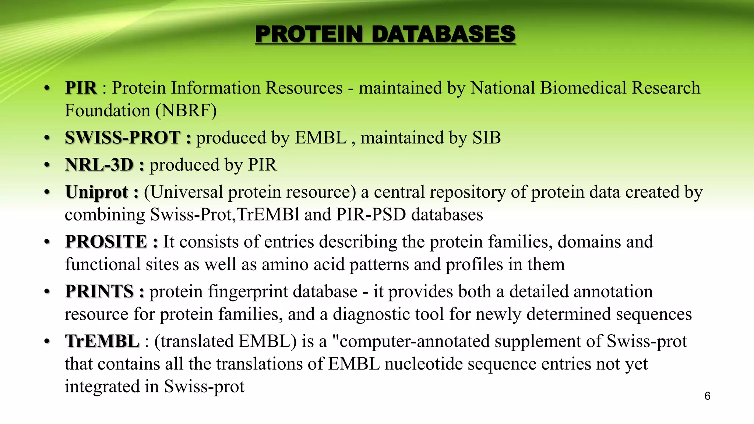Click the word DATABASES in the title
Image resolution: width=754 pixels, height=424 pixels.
pos(443,34)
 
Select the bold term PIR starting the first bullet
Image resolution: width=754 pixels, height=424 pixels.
pos(81,88)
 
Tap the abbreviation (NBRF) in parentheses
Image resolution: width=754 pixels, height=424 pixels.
pos(186,110)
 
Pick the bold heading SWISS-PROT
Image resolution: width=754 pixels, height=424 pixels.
pos(123,138)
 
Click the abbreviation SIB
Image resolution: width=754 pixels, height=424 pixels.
pos(486,138)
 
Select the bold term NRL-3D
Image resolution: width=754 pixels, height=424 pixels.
pos(99,165)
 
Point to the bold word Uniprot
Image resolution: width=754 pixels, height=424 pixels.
pos(96,192)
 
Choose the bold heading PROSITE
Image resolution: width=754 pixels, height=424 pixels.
pos(106,242)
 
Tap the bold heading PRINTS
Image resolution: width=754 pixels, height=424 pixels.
pos(99,291)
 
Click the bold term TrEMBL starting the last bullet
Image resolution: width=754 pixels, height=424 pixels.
pos(102,341)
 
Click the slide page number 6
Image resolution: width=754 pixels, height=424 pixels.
pos(707,396)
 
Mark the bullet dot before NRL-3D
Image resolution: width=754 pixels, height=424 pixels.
pos(47,165)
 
